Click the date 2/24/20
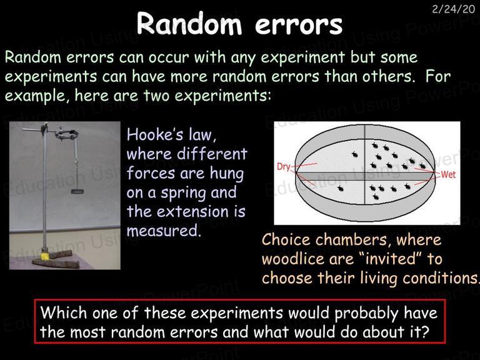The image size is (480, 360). tap(453, 9)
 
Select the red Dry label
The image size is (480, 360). tap(283, 167)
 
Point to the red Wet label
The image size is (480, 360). tap(448, 174)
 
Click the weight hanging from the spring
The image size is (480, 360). tap(77, 192)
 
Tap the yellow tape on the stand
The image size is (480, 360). tap(45, 256)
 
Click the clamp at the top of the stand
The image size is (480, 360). tap(66, 134)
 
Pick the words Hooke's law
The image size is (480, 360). tap(171, 135)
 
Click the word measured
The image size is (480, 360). tap(164, 231)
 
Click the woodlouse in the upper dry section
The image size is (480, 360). tap(355, 154)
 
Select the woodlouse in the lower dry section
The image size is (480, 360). tap(340, 188)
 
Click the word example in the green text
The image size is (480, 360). tap(35, 96)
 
